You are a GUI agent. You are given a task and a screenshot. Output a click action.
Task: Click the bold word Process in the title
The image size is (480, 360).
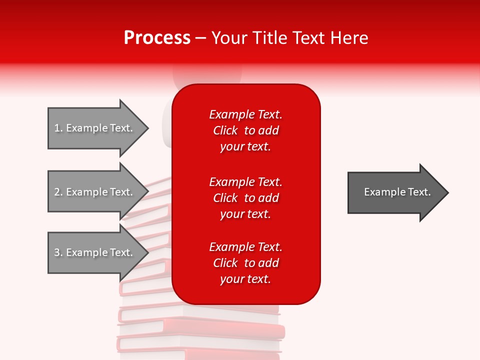[157, 38]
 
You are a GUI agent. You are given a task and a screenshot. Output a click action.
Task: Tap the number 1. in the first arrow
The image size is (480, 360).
[58, 128]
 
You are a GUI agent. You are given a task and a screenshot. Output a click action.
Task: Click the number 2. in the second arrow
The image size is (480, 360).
[58, 192]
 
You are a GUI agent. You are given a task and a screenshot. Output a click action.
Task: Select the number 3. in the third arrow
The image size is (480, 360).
[58, 252]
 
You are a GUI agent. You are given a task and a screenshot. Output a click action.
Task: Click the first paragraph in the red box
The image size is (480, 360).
[245, 130]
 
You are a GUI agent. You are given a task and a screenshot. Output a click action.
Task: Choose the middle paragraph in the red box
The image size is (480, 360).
[245, 198]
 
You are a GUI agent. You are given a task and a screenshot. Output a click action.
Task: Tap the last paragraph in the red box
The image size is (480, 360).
[245, 263]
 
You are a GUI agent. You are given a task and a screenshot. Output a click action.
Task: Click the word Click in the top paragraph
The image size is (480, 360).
[225, 130]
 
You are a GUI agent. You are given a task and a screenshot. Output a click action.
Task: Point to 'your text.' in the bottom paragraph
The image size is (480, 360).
[245, 279]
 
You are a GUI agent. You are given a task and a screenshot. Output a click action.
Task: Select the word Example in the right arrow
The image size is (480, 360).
[381, 192]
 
